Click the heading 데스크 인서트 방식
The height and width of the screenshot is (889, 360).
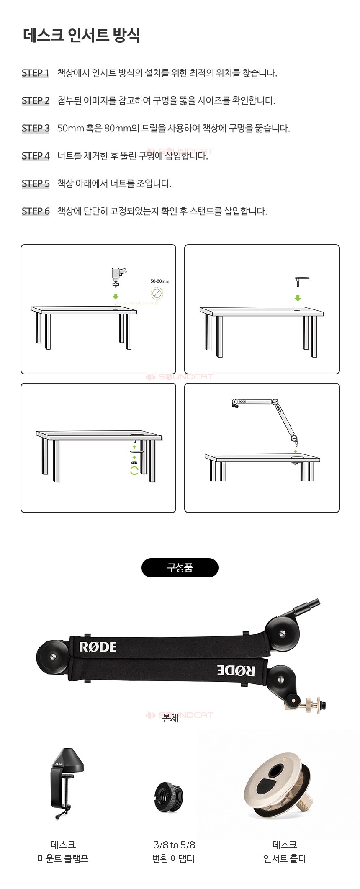pos(81,36)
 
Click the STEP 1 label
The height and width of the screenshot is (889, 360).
pos(36,73)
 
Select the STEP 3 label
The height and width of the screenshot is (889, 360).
pos(36,128)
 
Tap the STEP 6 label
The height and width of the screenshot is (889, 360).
pos(36,211)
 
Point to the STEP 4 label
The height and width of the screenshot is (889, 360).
pos(36,156)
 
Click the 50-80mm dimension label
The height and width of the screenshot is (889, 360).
pos(160,281)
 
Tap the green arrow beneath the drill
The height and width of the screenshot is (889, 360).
pos(116,296)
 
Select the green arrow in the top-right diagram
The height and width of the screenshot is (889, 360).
pos(298,298)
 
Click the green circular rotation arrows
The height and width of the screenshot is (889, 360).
pos(134,471)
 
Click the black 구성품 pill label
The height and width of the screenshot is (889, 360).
pos(180,568)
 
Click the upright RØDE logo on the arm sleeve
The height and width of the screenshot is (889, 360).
pos(98,647)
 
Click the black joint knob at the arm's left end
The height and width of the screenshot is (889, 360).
pos(52,657)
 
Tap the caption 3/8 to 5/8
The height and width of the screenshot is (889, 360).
pos(174,845)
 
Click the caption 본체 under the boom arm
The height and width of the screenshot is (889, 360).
pos(170,718)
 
